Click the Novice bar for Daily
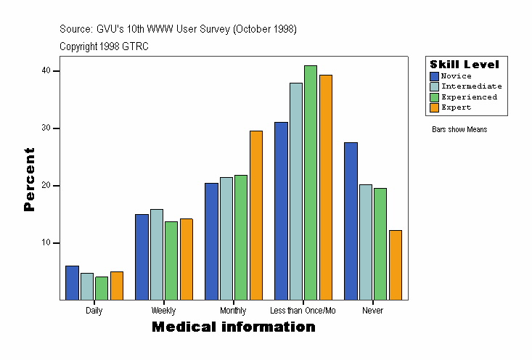[x=72, y=283]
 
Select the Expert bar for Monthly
[x=255, y=216]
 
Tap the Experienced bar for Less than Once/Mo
[x=311, y=183]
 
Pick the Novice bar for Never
[x=351, y=221]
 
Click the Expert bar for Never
[x=396, y=265]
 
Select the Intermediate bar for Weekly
[x=156, y=255]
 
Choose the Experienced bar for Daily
[x=102, y=288]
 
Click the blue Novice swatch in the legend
[x=434, y=76]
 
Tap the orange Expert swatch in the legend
[x=434, y=107]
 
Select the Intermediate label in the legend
[x=471, y=86]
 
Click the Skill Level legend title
[x=465, y=65]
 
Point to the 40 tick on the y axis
[x=46, y=70]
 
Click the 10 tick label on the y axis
[x=46, y=242]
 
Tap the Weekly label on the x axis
[x=163, y=311]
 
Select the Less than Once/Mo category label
[x=303, y=311]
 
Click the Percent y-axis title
[x=29, y=179]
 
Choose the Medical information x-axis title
[x=234, y=327]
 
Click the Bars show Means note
[x=459, y=130]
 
